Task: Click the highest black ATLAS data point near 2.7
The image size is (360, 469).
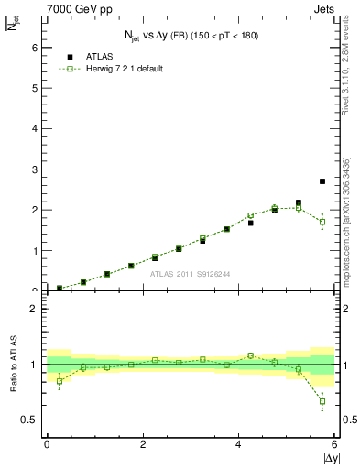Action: (x=322, y=181)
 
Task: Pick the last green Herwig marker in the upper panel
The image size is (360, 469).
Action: (x=322, y=222)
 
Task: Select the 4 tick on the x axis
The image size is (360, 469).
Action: (x=239, y=444)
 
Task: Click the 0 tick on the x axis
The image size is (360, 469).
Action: (x=47, y=444)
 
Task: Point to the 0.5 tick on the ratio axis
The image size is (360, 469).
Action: (x=29, y=420)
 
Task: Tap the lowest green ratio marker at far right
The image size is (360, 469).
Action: (x=322, y=401)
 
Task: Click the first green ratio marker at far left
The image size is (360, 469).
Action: (x=60, y=381)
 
